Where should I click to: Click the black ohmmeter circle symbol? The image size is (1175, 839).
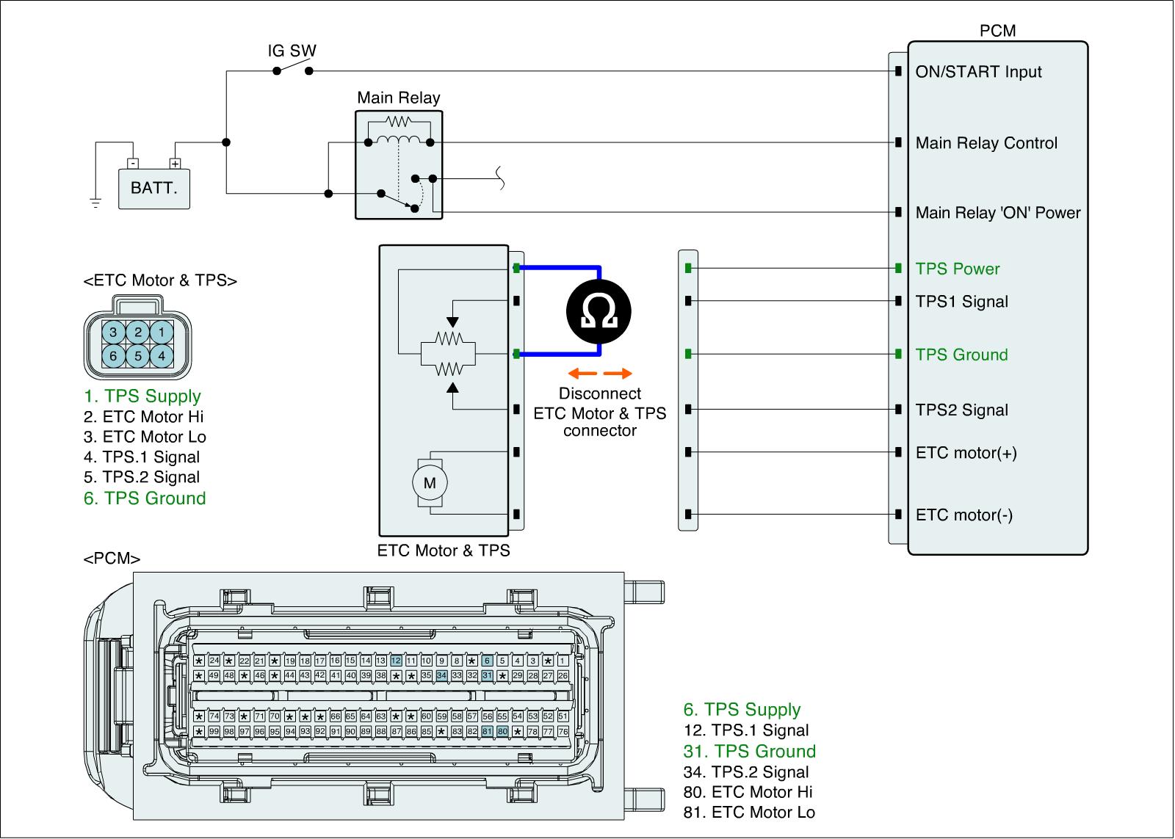(599, 313)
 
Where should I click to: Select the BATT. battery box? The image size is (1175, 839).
(154, 188)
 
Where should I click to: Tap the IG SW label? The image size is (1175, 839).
(292, 51)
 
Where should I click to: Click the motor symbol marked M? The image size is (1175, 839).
(430, 482)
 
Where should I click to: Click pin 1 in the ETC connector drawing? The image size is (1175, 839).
(162, 332)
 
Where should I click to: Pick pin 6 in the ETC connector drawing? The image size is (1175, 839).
(113, 356)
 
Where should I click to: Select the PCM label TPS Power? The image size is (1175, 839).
(958, 269)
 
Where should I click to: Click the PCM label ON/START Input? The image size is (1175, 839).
(978, 72)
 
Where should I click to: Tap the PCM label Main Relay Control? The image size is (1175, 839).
(986, 143)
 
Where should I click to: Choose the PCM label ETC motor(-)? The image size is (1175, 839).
(964, 515)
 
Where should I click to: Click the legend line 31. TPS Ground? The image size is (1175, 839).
(750, 751)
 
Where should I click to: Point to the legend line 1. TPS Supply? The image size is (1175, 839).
(142, 396)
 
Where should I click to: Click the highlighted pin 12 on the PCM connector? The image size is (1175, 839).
(396, 661)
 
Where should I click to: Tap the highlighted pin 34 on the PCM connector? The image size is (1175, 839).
(441, 675)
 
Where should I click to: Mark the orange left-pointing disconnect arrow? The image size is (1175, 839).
(579, 374)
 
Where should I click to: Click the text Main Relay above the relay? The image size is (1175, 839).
(399, 98)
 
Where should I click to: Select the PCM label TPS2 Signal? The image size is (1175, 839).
(962, 410)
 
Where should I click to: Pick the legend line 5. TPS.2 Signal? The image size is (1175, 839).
(142, 477)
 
